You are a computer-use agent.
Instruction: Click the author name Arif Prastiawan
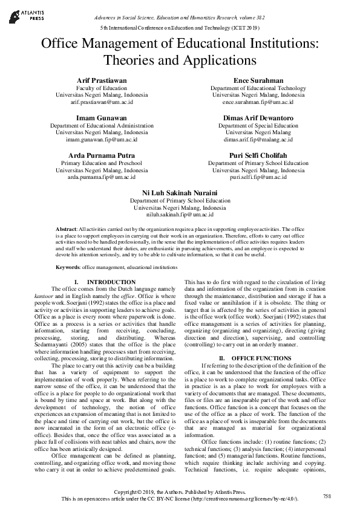tap(101, 80)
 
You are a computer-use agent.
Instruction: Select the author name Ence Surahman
tap(258, 80)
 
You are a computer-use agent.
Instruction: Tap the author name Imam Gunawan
tap(101, 117)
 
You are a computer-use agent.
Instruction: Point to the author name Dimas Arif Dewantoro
tap(258, 117)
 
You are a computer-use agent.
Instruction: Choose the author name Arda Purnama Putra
tap(101, 155)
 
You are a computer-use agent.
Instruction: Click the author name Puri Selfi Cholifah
tap(258, 155)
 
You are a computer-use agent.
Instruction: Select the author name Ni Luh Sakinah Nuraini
tap(180, 192)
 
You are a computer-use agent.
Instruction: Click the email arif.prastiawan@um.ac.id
tap(101, 103)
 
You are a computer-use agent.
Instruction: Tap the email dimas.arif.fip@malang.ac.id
tap(258, 140)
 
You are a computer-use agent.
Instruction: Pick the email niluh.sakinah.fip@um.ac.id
tap(180, 215)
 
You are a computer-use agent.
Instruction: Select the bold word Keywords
tap(68, 267)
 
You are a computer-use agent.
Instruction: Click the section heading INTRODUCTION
tap(111, 282)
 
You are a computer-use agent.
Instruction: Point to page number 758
tap(327, 496)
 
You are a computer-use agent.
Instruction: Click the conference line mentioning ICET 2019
tap(180, 28)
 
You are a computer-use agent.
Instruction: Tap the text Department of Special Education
tap(258, 125)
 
